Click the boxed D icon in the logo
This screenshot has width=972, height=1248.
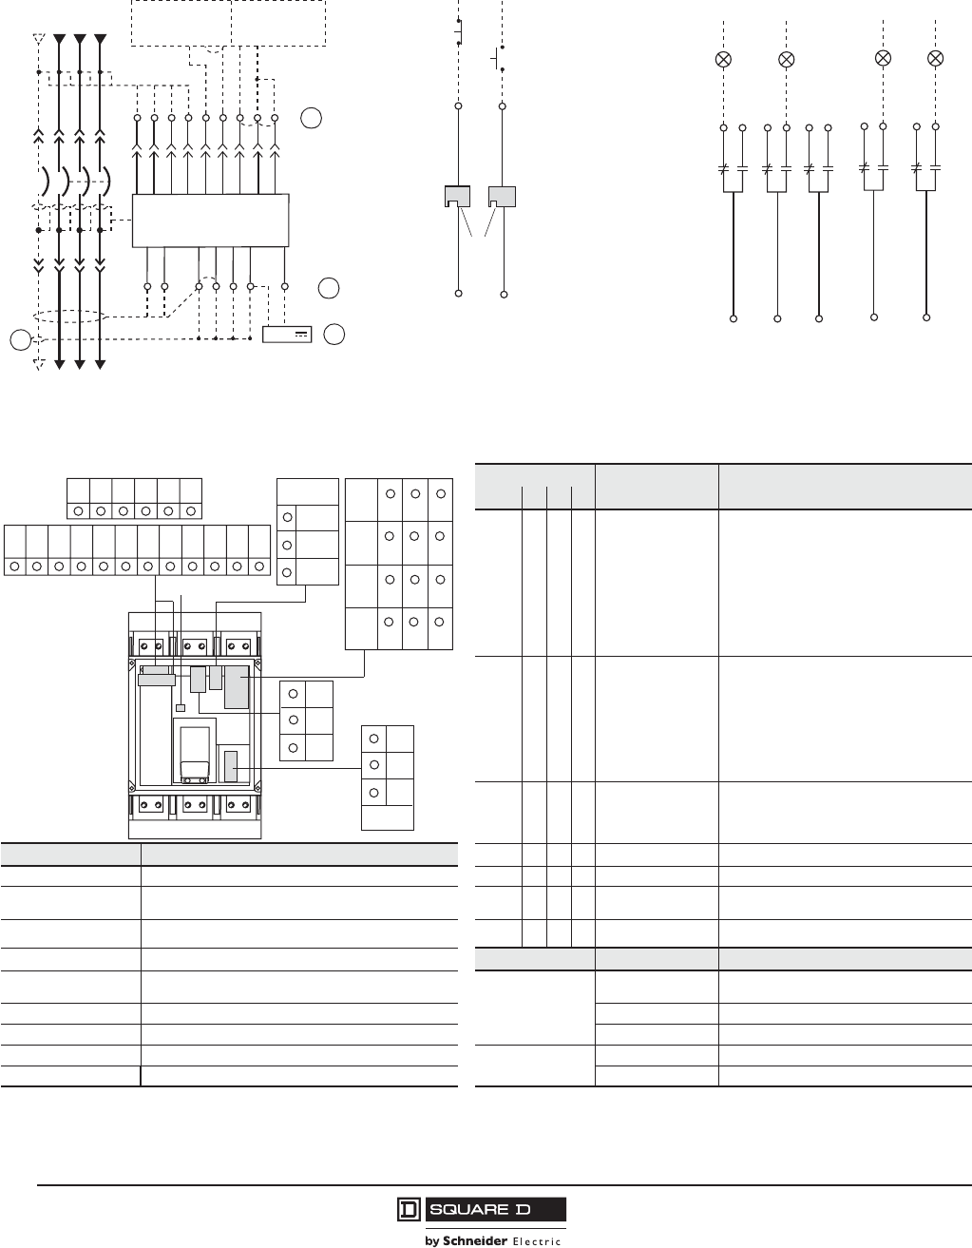click(408, 1210)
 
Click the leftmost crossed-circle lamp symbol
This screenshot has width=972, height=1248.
click(723, 59)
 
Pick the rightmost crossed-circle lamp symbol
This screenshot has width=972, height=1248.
click(935, 58)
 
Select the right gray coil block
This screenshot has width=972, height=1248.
click(503, 197)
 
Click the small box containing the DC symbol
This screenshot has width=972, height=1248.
click(287, 334)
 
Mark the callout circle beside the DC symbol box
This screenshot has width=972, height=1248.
click(334, 334)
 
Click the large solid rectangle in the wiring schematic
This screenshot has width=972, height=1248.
click(209, 221)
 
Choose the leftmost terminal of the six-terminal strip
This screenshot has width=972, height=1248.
click(78, 510)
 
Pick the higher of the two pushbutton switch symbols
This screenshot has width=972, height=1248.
click(460, 29)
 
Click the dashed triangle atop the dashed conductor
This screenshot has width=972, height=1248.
click(38, 40)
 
